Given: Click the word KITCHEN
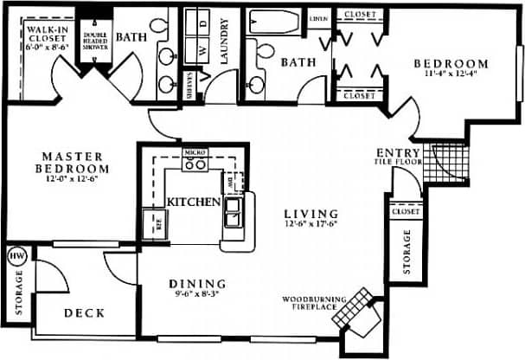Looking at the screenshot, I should coord(193,201).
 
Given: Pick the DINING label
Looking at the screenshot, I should coord(197,283).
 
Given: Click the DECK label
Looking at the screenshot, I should coord(85,313).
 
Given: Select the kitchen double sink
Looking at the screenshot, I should coord(234,212).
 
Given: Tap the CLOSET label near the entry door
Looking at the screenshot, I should coord(405,211).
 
